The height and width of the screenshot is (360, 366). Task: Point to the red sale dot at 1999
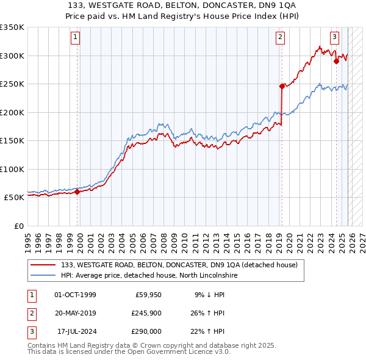click(x=77, y=192)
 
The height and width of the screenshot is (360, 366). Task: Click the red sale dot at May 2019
click(x=282, y=86)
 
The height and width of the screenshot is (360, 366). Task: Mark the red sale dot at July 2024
click(x=336, y=61)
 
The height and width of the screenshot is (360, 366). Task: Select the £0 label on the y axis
click(x=18, y=226)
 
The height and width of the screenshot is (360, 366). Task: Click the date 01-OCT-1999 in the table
click(x=75, y=295)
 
